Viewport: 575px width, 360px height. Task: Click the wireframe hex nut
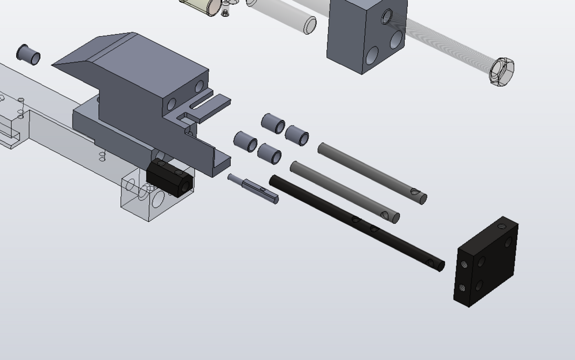click(x=501, y=71)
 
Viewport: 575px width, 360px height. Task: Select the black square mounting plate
click(x=486, y=262)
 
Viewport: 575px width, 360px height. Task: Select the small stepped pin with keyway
click(x=254, y=188)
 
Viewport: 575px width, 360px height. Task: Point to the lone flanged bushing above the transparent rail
click(x=28, y=55)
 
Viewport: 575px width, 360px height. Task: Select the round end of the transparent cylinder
click(x=310, y=25)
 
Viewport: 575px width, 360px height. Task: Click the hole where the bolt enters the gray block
click(x=387, y=17)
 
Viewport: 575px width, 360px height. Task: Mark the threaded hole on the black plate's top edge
click(x=502, y=227)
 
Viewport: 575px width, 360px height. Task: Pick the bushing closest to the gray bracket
click(x=245, y=142)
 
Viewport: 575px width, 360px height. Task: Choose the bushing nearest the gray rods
click(x=297, y=136)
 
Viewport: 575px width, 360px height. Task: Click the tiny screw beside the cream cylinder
click(x=225, y=12)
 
